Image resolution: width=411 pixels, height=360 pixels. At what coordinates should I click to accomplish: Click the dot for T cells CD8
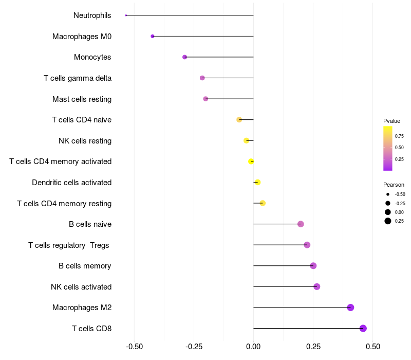point(363,328)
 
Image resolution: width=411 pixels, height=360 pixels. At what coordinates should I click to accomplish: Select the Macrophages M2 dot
point(350,308)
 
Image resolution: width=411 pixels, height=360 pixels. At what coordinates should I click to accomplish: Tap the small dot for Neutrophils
point(126,15)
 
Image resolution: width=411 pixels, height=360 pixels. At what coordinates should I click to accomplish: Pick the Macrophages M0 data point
point(153,36)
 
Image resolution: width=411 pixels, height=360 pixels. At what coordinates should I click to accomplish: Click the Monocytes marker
point(184,57)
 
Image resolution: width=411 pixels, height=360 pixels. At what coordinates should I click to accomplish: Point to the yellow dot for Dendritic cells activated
point(257,182)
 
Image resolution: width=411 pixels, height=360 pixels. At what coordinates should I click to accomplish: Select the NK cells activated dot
point(316,286)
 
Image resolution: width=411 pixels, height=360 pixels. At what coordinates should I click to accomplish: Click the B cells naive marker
point(301,224)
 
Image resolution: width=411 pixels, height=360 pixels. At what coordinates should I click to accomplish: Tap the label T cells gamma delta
point(78,78)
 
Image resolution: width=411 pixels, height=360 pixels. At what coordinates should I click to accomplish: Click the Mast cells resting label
point(82,99)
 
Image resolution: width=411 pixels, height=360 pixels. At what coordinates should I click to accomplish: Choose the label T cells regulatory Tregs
point(69,245)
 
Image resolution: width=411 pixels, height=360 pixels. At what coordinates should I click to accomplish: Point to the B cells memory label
point(85,266)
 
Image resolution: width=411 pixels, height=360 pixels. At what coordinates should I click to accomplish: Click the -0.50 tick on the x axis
point(135,347)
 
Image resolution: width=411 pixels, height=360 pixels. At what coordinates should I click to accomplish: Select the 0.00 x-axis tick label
point(253,347)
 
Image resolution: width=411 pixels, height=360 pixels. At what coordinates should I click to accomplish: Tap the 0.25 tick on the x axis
point(313,347)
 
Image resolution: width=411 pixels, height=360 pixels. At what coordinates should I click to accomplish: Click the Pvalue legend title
point(391,121)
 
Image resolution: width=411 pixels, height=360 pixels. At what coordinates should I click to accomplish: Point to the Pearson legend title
point(394,185)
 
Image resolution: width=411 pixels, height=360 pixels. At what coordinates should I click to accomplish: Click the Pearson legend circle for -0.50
point(388,194)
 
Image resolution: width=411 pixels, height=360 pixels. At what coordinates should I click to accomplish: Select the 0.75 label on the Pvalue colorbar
point(399,136)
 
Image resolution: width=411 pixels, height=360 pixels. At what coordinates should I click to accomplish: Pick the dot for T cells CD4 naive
point(239,120)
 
